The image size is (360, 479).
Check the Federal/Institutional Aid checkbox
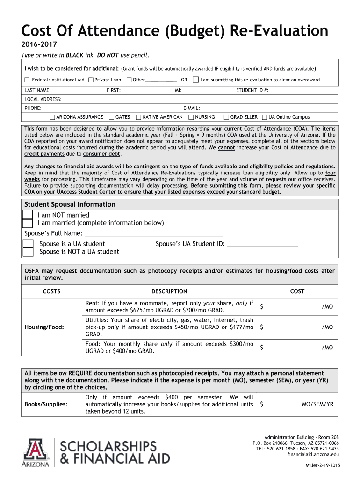(x=27, y=80)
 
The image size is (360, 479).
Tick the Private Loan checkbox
(x=91, y=80)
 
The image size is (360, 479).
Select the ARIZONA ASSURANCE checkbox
(x=52, y=117)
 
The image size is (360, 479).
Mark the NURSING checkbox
(x=191, y=117)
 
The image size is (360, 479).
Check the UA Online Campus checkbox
(x=265, y=117)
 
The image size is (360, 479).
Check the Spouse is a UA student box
(x=28, y=244)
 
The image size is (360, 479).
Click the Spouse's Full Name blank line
(x=154, y=233)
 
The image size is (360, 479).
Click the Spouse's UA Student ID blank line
(x=262, y=244)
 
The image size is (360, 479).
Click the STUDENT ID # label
(x=252, y=90)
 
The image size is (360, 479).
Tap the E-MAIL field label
(x=192, y=108)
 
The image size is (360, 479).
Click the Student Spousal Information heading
(x=70, y=204)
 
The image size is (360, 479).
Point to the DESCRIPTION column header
(x=169, y=291)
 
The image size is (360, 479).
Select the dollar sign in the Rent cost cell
(x=262, y=306)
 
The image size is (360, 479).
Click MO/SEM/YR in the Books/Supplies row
(x=317, y=403)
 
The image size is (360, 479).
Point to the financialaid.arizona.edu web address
(x=313, y=454)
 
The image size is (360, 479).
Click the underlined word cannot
(x=226, y=147)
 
